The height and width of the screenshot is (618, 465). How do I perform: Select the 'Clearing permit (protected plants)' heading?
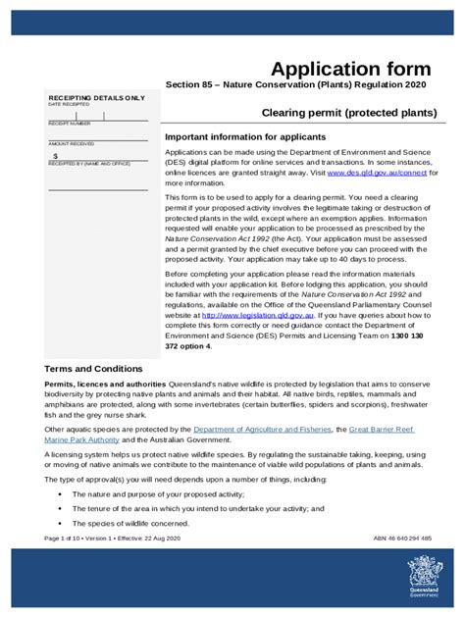click(x=348, y=113)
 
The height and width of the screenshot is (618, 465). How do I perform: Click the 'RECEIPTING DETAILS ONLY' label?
click(x=96, y=98)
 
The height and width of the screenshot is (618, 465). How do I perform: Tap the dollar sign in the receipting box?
click(x=56, y=155)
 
